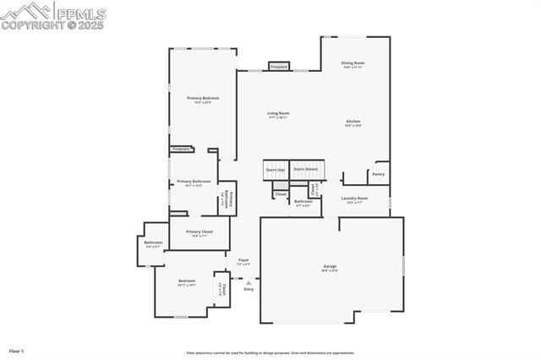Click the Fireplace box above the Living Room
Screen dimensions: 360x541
click(x=279, y=66)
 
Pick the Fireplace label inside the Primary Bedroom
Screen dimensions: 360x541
click(x=181, y=150)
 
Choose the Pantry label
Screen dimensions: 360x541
click(x=378, y=174)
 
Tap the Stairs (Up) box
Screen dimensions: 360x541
click(x=276, y=169)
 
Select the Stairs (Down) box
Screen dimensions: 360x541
click(x=306, y=169)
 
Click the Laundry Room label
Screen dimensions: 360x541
click(x=354, y=200)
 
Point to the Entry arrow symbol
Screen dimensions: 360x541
click(x=249, y=283)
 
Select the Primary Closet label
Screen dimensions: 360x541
click(x=199, y=232)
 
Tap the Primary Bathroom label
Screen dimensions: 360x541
click(x=194, y=183)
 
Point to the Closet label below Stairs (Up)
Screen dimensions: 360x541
click(x=281, y=194)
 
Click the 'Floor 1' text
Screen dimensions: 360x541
click(x=16, y=350)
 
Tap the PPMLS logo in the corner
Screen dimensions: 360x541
click(x=53, y=15)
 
